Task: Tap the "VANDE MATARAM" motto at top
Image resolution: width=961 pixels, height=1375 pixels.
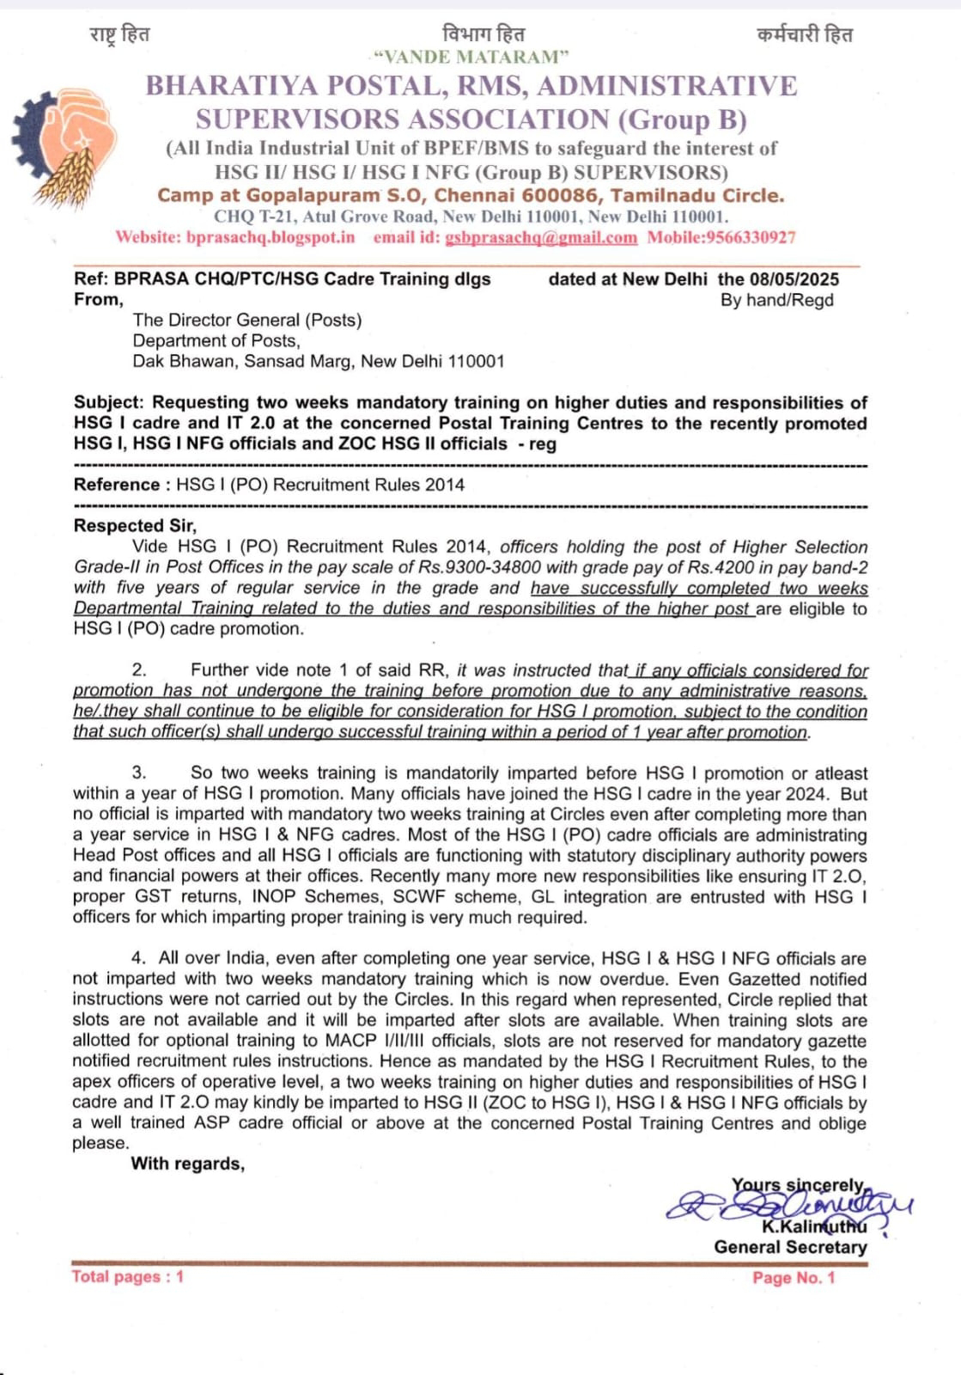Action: pos(471,58)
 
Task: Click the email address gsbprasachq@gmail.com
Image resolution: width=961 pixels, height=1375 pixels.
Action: pos(541,238)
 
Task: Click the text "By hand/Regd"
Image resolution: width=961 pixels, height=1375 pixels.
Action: pos(776,300)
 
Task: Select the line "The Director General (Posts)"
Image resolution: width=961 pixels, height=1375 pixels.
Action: pos(247,320)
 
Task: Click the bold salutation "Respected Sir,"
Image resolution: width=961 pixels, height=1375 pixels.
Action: pos(135,525)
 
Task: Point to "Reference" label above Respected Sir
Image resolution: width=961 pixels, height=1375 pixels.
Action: pos(115,485)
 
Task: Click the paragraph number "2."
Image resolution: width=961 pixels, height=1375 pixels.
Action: pos(140,669)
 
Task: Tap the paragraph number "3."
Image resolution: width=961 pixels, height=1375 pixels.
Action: pos(140,773)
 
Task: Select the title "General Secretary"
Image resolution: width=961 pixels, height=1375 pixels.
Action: pos(790,1247)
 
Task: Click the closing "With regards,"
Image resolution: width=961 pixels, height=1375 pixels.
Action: pos(187,1164)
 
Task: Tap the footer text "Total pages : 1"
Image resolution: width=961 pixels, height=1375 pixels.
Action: pos(128,1277)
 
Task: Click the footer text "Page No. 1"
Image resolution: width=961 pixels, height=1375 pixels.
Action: pos(794,1278)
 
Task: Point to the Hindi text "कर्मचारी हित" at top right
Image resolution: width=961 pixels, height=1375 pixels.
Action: pos(805,35)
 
